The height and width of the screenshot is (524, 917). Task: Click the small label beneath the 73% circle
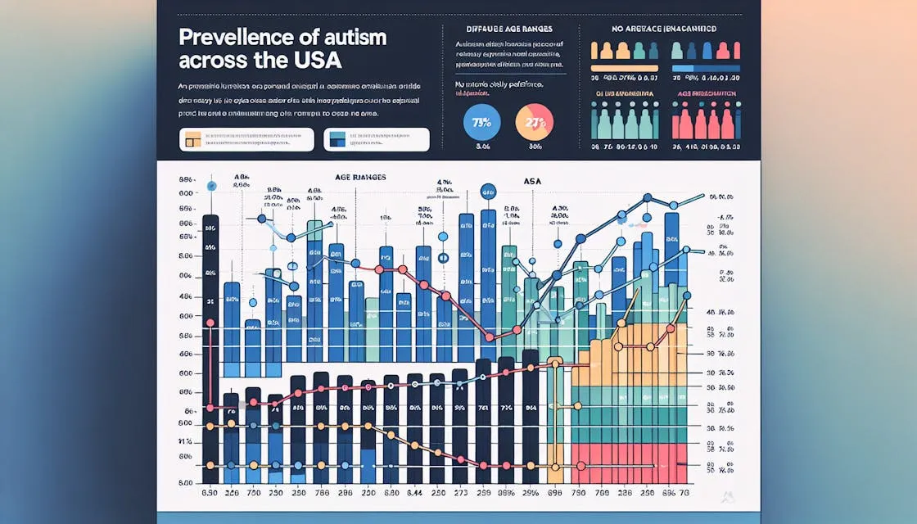481,147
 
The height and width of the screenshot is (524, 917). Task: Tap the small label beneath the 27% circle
535,147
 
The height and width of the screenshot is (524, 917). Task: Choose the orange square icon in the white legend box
193,139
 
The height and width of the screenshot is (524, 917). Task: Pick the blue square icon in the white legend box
334,139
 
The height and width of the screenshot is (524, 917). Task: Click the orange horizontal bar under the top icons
625,69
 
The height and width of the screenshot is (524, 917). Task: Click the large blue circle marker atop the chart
489,192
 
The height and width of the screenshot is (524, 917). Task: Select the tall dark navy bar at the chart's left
210,344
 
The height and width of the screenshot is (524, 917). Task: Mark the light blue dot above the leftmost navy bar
212,185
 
